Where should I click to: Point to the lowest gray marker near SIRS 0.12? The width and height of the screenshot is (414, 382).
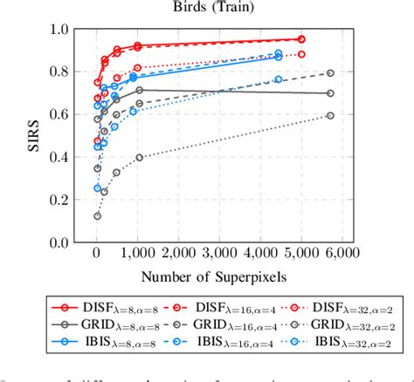pos(98,215)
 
